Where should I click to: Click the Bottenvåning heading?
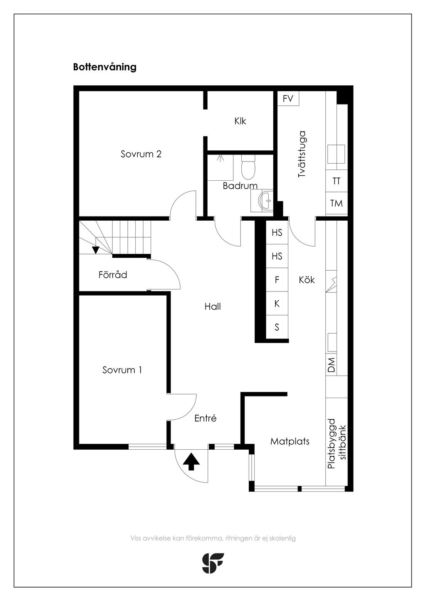coord(104,67)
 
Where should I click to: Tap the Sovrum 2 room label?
coord(141,154)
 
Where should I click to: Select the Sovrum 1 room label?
coord(122,370)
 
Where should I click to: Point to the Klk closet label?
coord(240,121)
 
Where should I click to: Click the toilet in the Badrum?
coord(248,167)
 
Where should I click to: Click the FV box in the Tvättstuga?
coord(288,99)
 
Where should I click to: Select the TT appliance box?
coord(337,181)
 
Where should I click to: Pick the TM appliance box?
coord(337,203)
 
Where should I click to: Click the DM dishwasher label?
coord(331,365)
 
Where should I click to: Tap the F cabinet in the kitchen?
coord(277,280)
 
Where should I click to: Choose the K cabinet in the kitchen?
coord(277,304)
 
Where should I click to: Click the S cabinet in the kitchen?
coord(277,327)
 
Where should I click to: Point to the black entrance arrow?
coord(191,461)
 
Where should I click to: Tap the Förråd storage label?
coord(113,274)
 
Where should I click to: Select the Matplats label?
coord(290,441)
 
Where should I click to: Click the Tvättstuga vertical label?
coord(302,154)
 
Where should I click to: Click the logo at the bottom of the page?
coord(213,563)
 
